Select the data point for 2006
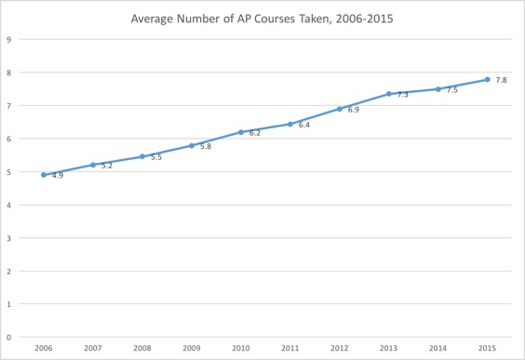pos(44,174)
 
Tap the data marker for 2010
pos(240,132)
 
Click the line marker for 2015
pos(487,79)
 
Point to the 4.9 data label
pos(58,176)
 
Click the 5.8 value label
pos(205,147)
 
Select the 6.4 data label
pos(303,126)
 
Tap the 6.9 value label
pos(353,110)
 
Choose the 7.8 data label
pos(501,81)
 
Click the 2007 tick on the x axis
pos(93,349)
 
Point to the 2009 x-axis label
pos(191,349)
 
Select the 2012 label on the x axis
pos(339,349)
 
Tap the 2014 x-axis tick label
pos(437,349)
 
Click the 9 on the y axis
pos(8,40)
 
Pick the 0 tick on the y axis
pos(8,337)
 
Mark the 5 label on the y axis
pos(8,172)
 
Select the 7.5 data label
pos(451,90)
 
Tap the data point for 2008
pos(141,156)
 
